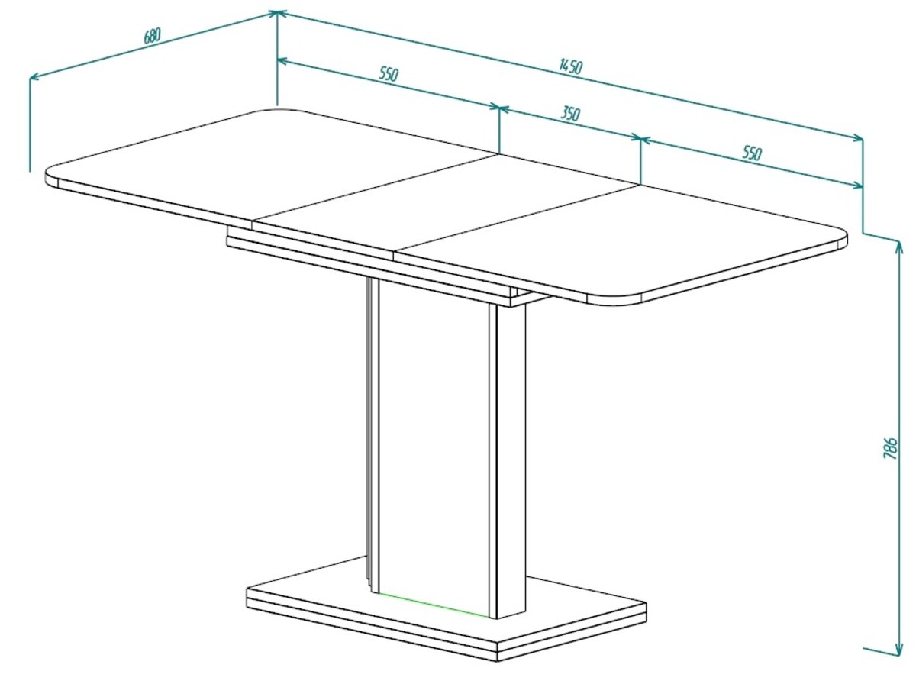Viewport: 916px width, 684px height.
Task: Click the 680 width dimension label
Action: pos(153,36)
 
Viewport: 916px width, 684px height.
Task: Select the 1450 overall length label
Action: pos(570,66)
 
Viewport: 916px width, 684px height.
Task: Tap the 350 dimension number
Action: pos(570,113)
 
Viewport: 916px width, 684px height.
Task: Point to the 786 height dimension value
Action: pos(890,448)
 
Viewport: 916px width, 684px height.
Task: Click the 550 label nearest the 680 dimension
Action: pos(389,74)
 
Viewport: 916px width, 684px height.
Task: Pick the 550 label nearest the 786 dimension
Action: pos(752,153)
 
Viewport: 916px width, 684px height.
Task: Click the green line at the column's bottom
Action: pos(434,605)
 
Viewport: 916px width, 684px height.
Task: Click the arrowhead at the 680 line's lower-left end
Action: pos(34,77)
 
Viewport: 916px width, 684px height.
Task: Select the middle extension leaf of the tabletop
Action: pos(447,204)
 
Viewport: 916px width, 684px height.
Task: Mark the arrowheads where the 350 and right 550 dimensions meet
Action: pos(640,138)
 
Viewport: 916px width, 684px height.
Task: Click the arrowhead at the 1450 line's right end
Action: pos(858,137)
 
